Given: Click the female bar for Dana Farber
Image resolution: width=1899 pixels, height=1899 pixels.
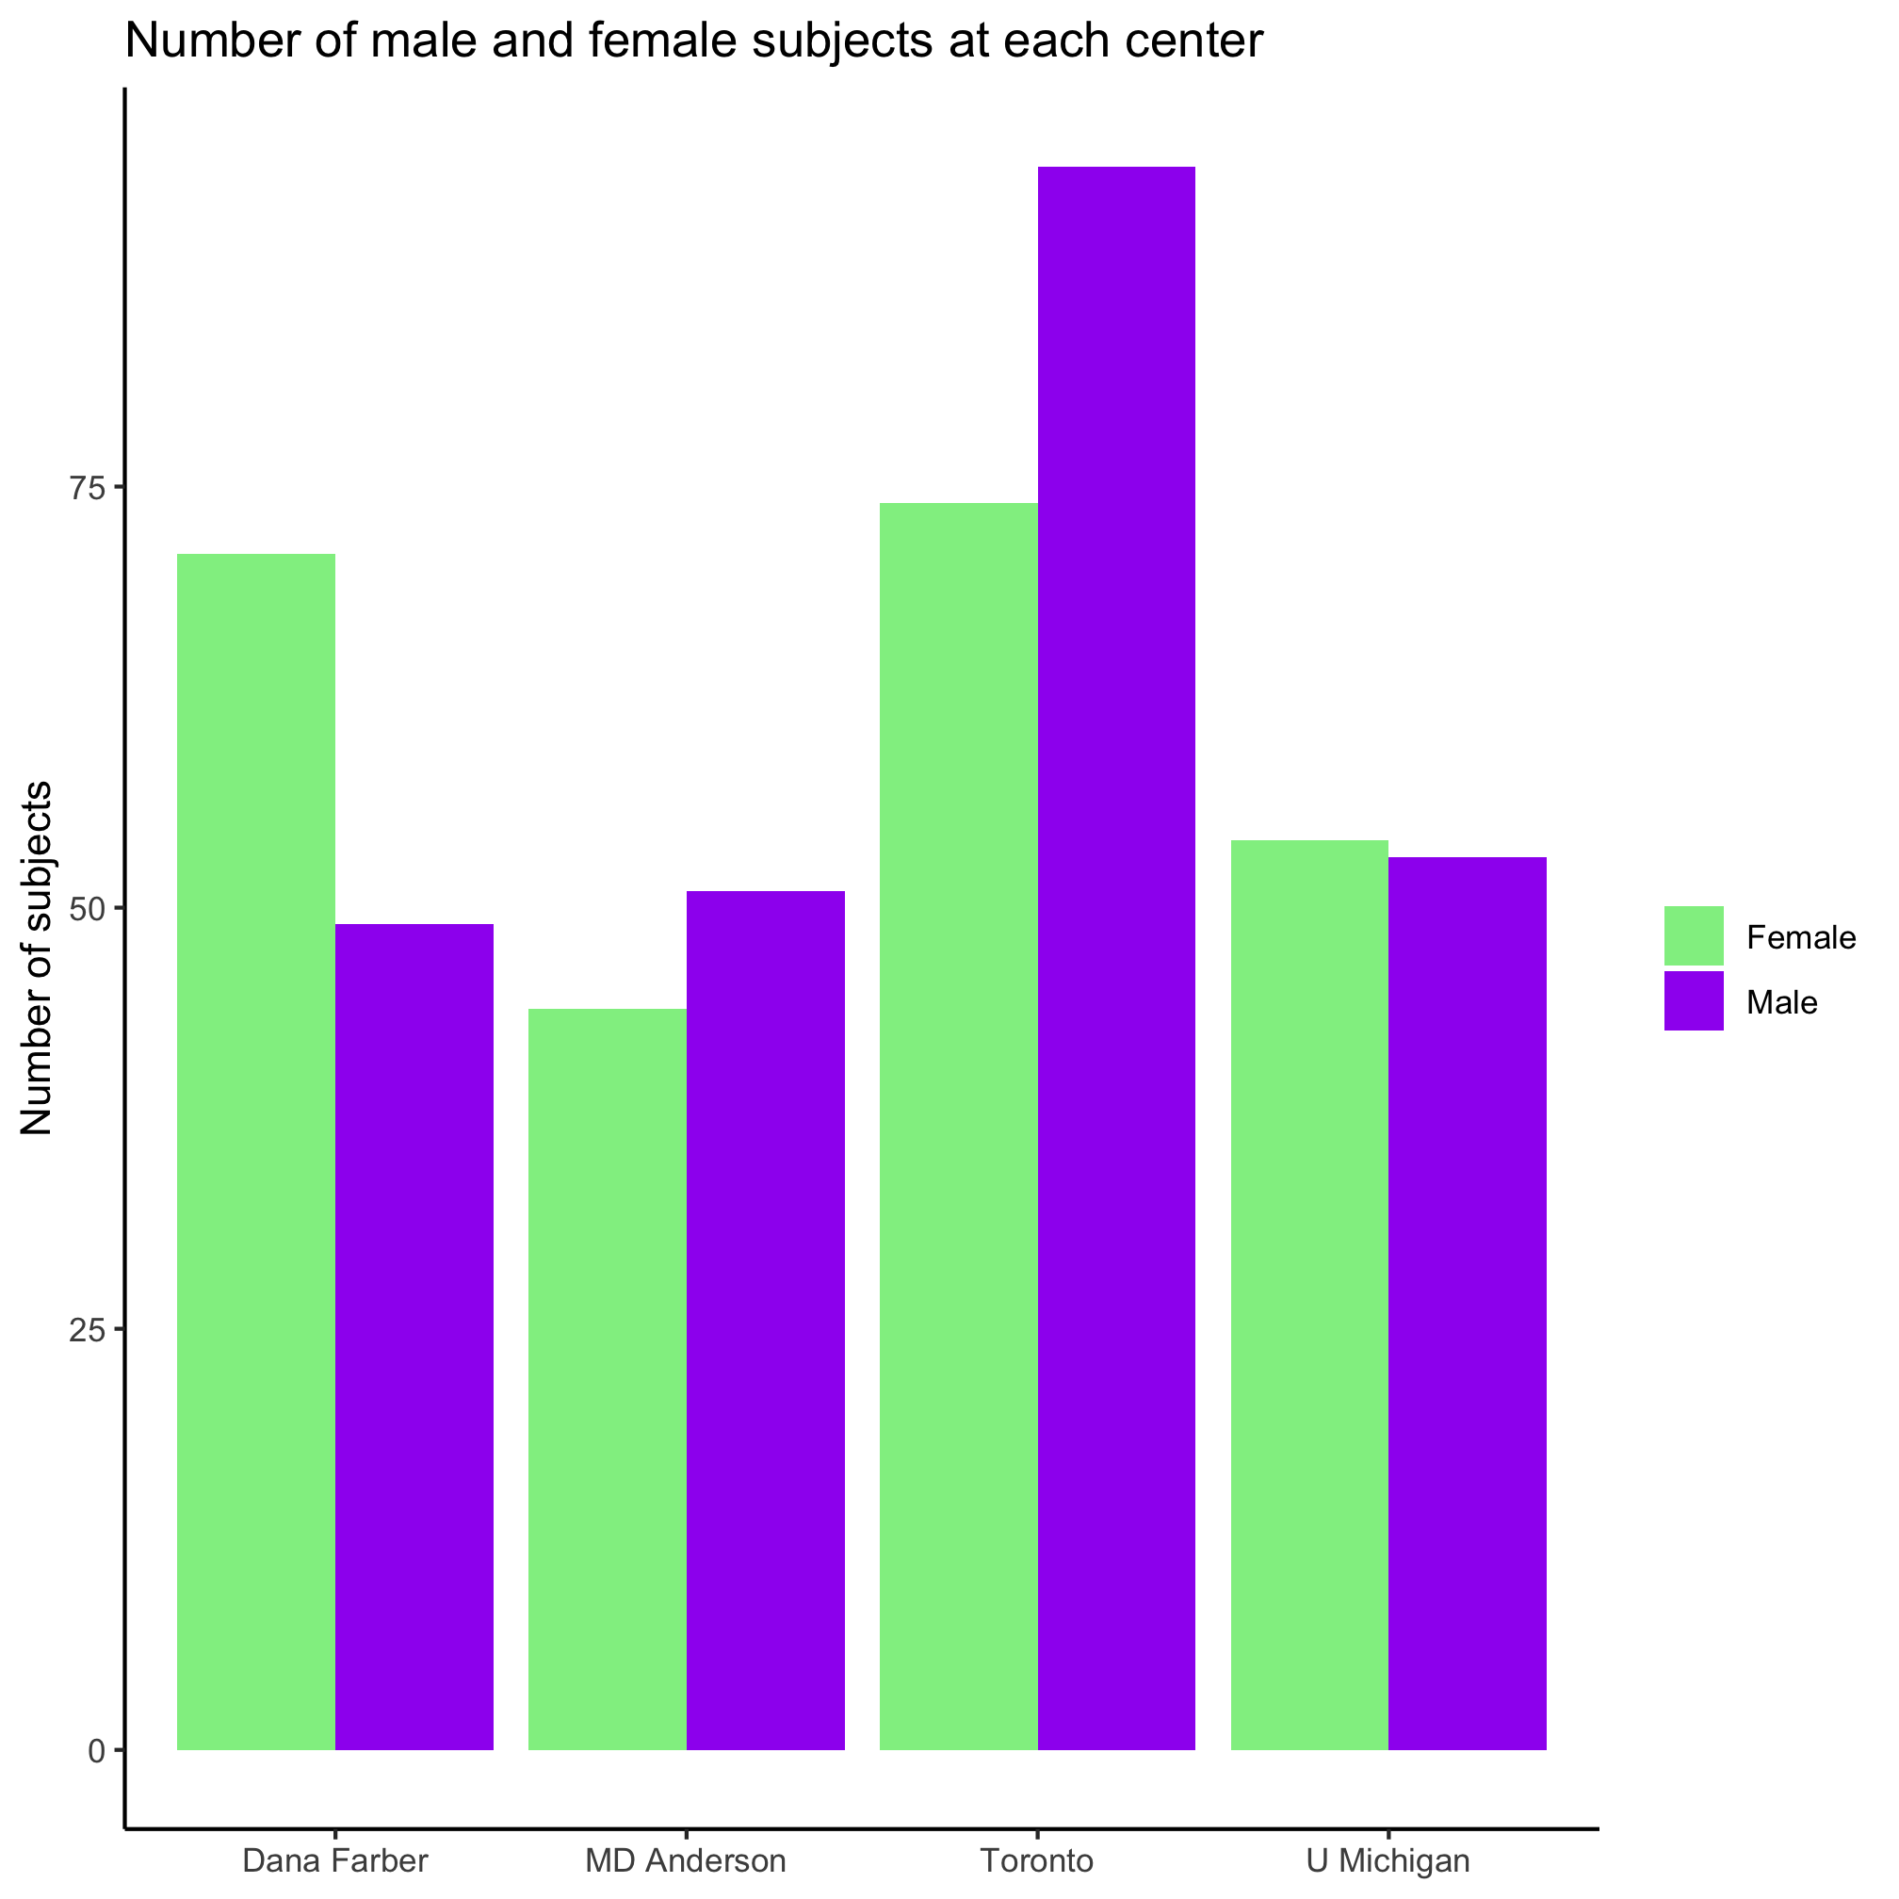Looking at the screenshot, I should coord(255,1150).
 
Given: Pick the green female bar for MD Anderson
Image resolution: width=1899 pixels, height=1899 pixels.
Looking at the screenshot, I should coord(607,1376).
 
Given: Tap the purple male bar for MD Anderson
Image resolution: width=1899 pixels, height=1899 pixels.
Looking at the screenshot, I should coord(765,1317).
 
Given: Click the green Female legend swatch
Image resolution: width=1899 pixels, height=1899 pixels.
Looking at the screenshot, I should coord(1694,935).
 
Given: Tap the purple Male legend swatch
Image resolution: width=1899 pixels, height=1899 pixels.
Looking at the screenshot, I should coord(1694,1000).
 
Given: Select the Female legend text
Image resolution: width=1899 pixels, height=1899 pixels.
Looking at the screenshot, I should coord(1801,937).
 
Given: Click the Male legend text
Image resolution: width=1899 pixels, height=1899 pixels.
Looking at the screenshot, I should coord(1781,1002).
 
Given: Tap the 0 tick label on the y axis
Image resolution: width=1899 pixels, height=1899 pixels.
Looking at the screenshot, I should coord(95,1750).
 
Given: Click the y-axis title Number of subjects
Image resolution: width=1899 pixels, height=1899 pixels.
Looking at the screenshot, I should coord(38,958).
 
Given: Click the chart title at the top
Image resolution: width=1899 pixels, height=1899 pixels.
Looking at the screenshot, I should coord(693,41).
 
